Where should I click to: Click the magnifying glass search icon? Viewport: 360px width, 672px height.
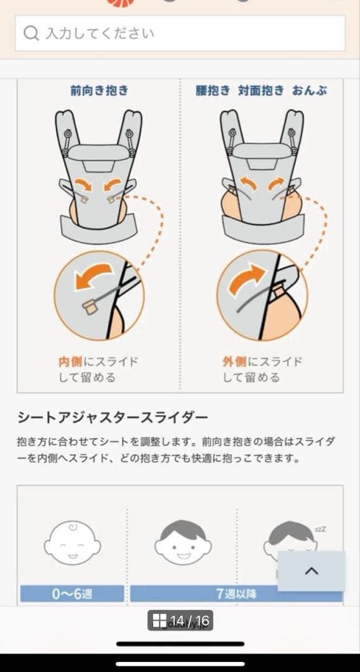click(x=31, y=33)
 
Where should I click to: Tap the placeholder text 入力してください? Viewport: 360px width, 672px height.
click(x=99, y=33)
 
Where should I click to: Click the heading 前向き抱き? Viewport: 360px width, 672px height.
click(x=99, y=91)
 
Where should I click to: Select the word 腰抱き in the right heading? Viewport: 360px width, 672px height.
click(x=212, y=91)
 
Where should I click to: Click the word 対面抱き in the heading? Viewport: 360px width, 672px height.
click(x=261, y=91)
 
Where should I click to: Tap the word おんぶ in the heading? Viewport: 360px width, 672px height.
click(x=310, y=91)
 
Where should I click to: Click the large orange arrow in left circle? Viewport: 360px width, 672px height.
click(x=93, y=276)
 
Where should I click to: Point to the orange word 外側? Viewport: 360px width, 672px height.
click(x=234, y=362)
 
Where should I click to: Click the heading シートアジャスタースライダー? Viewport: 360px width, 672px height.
click(x=113, y=416)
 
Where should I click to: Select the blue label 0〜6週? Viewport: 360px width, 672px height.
click(x=72, y=594)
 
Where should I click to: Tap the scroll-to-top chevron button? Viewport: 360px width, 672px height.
click(x=311, y=571)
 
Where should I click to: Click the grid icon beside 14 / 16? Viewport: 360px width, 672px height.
click(x=159, y=620)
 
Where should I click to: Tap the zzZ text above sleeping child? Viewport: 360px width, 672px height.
click(x=320, y=530)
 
